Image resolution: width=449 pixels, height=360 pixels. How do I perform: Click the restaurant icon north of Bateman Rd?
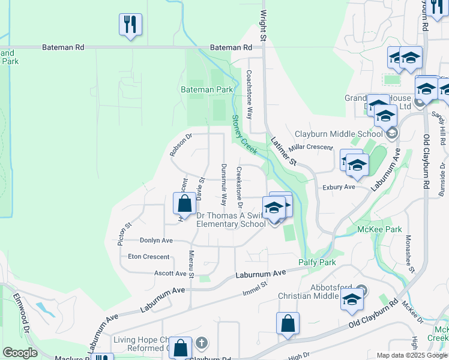pyautogui.click(x=130, y=25)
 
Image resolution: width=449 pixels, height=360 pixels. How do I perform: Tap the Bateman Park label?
pyautogui.click(x=206, y=89)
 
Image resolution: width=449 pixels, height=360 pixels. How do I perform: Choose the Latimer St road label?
pyautogui.click(x=284, y=151)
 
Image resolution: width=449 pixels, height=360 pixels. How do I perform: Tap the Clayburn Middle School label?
pyautogui.click(x=339, y=134)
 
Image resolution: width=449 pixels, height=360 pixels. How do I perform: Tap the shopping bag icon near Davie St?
pyautogui.click(x=184, y=203)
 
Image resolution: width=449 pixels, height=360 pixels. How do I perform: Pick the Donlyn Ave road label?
pyautogui.click(x=156, y=240)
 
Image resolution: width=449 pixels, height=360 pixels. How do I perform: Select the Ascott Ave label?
pyautogui.click(x=172, y=273)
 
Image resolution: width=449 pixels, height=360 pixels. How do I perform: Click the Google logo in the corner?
pyautogui.click(x=20, y=353)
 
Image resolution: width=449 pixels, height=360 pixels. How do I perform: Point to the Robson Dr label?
pyautogui.click(x=180, y=145)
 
